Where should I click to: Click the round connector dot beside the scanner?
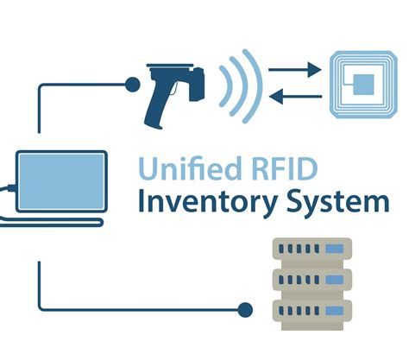pos(132,84)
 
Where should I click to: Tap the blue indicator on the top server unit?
pos(333,250)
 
